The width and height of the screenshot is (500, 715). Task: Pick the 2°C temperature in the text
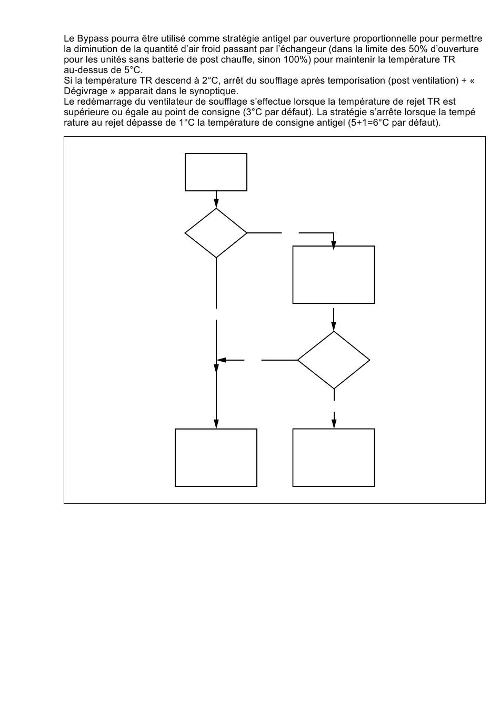tap(210, 80)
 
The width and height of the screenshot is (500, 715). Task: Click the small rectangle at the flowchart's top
tap(216, 172)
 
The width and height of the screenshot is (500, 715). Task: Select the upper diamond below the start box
tap(216, 233)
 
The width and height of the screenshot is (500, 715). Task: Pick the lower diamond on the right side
tap(334, 360)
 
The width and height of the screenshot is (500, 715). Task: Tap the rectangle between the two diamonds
tap(334, 274)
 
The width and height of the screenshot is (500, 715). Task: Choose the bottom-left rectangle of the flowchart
tap(216, 457)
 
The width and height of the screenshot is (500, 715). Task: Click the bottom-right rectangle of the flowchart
tap(334, 457)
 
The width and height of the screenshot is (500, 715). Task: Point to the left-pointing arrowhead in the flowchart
tap(222, 360)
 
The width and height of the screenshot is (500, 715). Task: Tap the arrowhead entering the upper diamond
tap(216, 204)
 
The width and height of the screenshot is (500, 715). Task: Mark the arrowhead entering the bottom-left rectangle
tap(216, 424)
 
